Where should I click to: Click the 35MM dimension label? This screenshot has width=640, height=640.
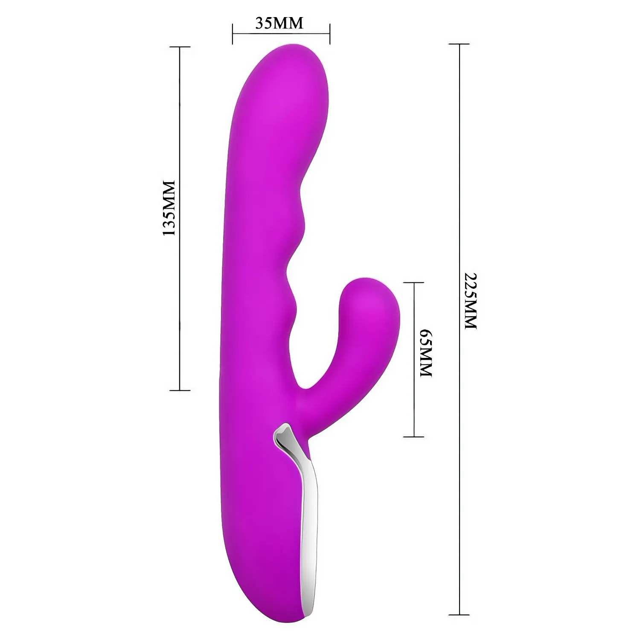(x=279, y=23)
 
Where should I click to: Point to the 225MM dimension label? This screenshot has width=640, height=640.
(x=470, y=300)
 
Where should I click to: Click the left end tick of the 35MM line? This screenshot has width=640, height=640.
(x=233, y=34)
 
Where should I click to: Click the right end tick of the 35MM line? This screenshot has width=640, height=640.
(x=330, y=34)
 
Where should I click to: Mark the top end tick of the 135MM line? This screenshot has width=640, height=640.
(x=179, y=47)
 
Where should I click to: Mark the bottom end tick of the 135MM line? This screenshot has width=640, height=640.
(x=179, y=390)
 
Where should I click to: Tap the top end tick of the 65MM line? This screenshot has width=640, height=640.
(x=413, y=282)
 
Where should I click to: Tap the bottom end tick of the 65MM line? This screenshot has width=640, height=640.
(x=413, y=436)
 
